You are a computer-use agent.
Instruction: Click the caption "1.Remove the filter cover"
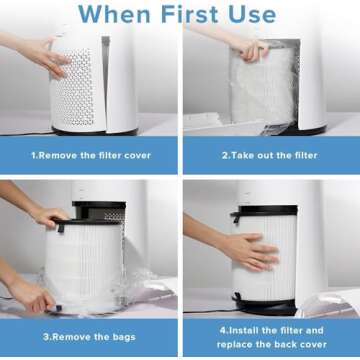coord(89,156)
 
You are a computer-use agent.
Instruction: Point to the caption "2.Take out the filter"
coord(270,156)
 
